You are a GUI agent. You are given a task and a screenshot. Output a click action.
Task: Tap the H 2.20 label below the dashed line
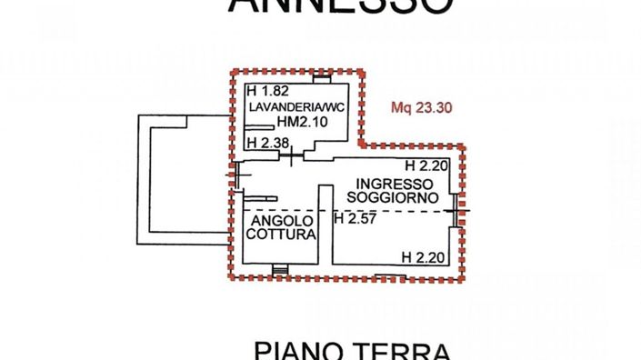coord(423,256)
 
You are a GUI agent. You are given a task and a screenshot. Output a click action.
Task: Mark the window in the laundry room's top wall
coord(321,75)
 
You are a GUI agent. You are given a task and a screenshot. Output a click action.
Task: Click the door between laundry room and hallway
coord(291,156)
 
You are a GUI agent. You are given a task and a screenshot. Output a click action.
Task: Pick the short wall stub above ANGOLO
coord(258,198)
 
